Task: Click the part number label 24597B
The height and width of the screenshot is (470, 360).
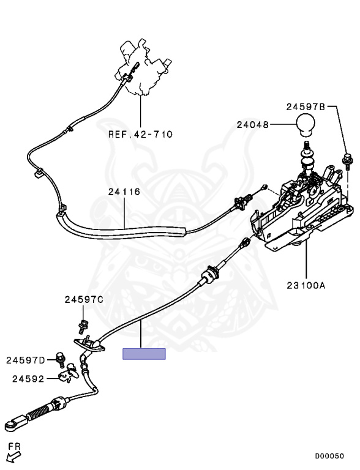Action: (306, 106)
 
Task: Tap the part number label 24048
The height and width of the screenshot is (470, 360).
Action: (253, 124)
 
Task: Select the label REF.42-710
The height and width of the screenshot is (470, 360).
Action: (140, 134)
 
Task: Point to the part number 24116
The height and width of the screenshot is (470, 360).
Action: (124, 192)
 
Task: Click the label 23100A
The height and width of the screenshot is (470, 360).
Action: (306, 285)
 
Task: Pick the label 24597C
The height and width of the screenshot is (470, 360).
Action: (84, 299)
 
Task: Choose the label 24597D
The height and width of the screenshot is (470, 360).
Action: (26, 360)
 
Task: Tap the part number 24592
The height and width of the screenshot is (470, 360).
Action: (28, 379)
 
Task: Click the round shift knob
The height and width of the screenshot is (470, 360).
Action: (306, 124)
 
